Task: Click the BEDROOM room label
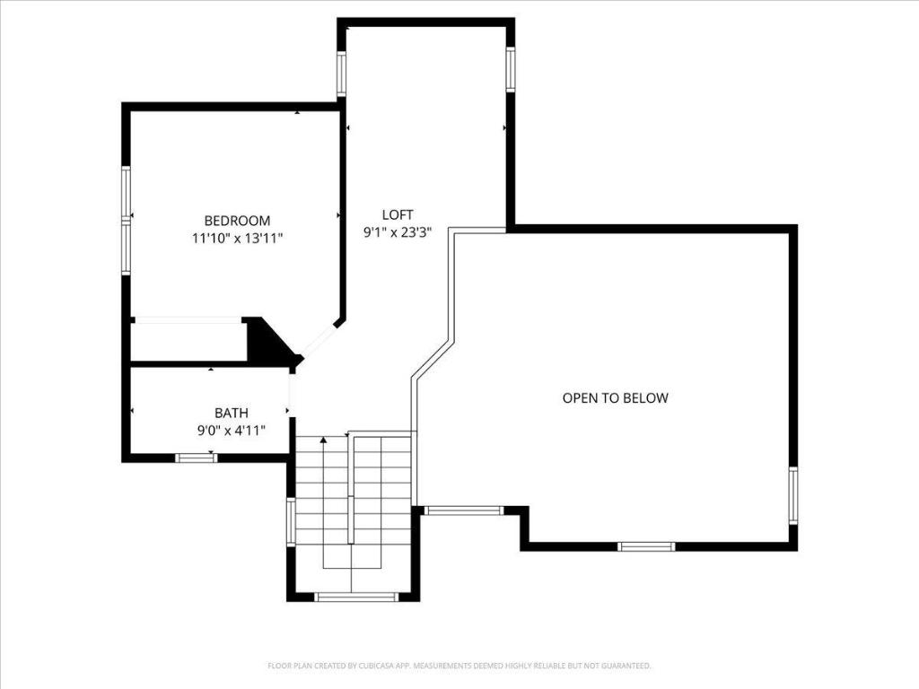click(237, 221)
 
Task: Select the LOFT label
click(398, 214)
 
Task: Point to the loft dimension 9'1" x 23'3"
click(398, 231)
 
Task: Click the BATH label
click(232, 413)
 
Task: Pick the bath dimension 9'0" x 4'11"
click(232, 430)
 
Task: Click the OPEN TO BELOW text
click(615, 397)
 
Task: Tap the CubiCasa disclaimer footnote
click(459, 666)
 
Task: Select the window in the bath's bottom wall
click(196, 458)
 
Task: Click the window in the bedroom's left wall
click(127, 220)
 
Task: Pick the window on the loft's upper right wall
click(510, 70)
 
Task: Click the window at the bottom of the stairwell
click(356, 597)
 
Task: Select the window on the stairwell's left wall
click(290, 522)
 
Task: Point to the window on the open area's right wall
click(793, 495)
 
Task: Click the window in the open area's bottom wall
click(646, 545)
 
